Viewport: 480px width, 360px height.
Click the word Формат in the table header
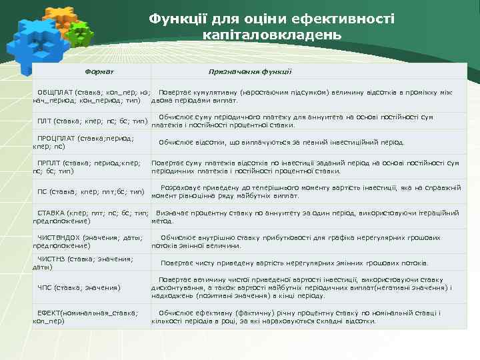click(99, 71)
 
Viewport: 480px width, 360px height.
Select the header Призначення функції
click(250, 71)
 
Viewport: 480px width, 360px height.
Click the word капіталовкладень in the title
click(271, 34)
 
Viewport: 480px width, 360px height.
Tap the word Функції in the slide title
click(178, 19)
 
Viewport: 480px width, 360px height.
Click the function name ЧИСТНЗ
click(51, 258)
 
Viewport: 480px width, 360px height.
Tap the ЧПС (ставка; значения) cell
click(79, 287)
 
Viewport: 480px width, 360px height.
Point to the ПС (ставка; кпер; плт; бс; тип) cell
click(91, 191)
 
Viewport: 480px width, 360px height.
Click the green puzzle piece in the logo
click(81, 33)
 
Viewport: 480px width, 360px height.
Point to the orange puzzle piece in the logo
click(60, 16)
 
